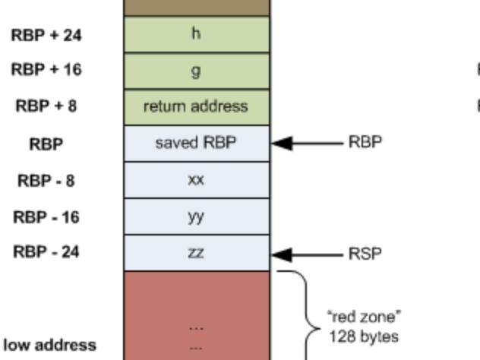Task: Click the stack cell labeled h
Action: [x=196, y=34]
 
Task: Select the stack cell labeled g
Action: [x=196, y=70]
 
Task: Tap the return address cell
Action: [x=196, y=106]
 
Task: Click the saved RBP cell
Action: [x=196, y=143]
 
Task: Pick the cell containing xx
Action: [x=196, y=180]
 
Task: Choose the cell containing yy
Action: [x=196, y=216]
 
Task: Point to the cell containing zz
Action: [x=196, y=253]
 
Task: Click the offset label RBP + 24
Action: [x=46, y=34]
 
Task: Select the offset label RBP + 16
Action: [x=46, y=70]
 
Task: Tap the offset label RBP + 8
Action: [x=46, y=106]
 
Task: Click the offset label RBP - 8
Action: [x=46, y=181]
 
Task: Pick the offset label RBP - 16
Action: [x=46, y=217]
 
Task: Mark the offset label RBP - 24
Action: [x=46, y=254]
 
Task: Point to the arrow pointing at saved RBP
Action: [x=307, y=143]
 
